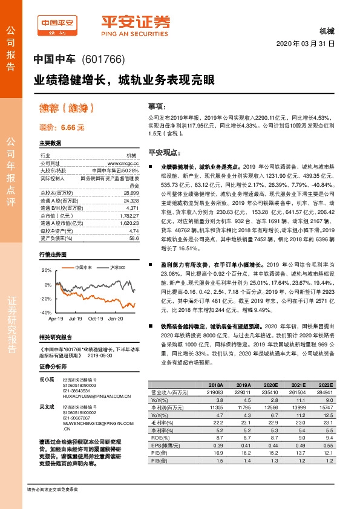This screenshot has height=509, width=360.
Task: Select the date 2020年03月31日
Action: click(306, 44)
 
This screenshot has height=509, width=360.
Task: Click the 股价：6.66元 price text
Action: click(62, 128)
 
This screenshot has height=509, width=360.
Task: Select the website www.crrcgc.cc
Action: click(123, 164)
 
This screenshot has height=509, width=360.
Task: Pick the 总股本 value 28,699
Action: click(131, 192)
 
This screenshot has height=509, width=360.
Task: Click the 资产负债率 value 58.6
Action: click(134, 238)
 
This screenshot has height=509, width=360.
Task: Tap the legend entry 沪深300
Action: click(118, 267)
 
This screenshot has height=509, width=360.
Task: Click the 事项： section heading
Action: click(157, 105)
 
